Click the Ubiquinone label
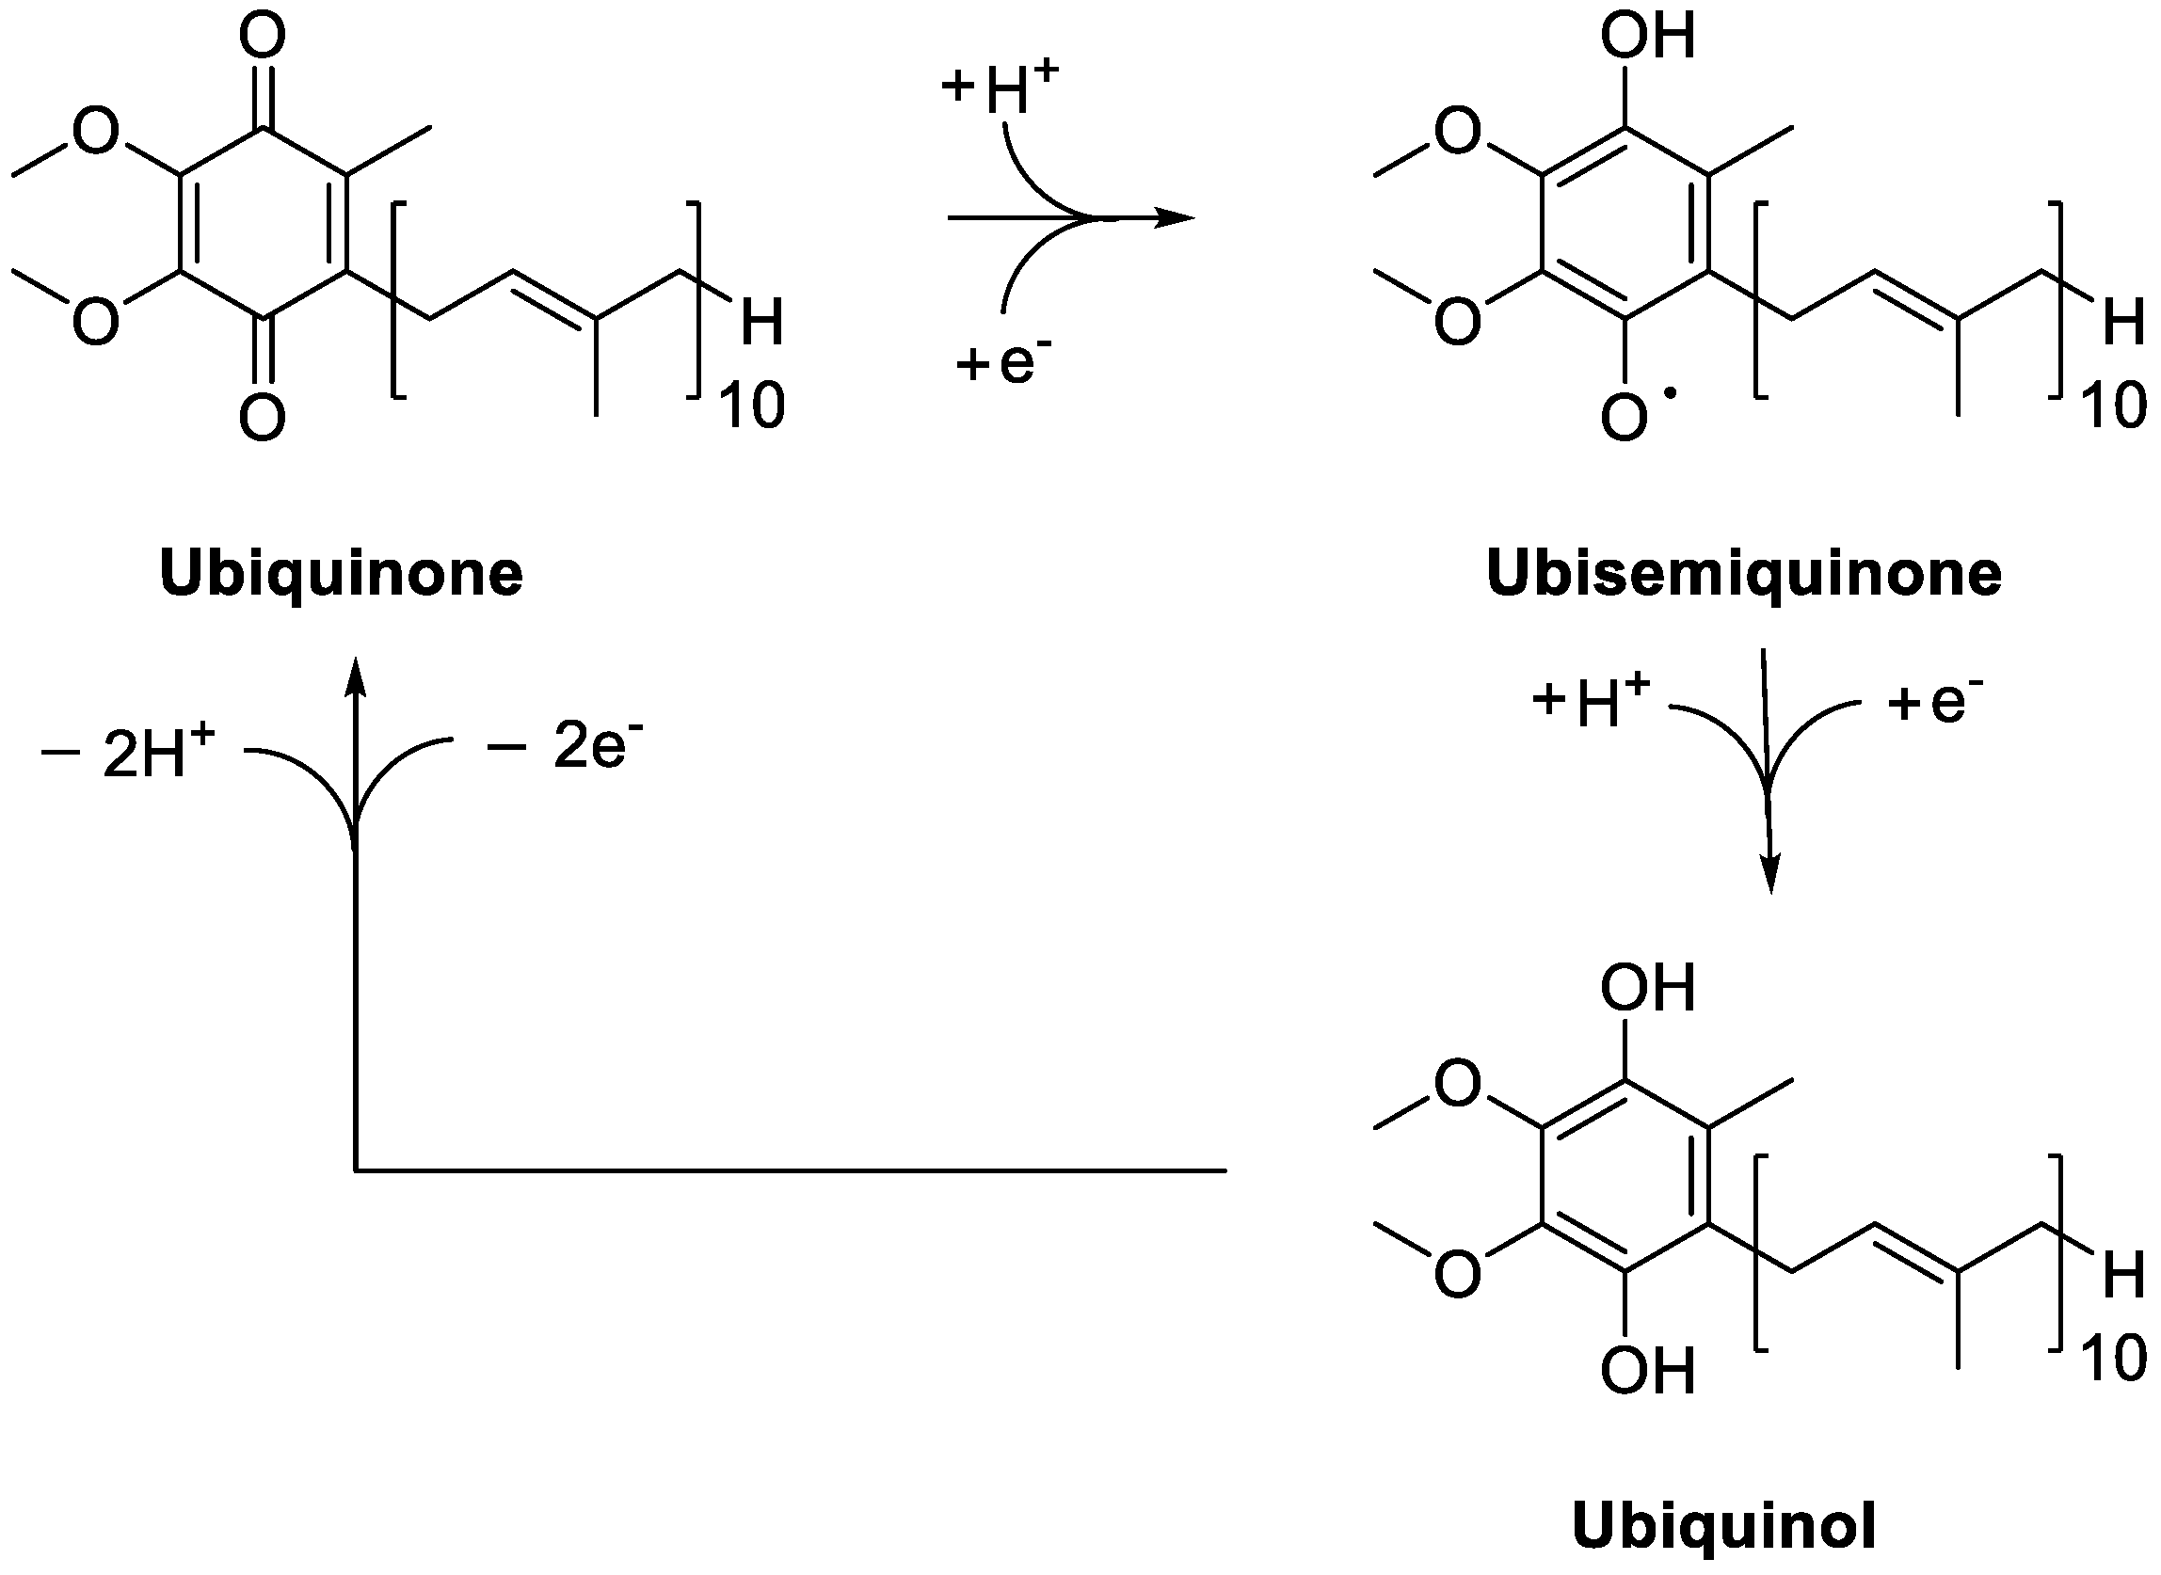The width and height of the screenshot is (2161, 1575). click(342, 574)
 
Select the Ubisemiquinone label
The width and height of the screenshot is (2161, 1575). click(1743, 574)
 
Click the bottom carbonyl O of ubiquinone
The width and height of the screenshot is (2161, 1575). click(263, 418)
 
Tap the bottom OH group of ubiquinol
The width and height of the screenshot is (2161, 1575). click(1648, 1371)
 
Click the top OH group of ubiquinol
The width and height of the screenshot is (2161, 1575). click(1648, 988)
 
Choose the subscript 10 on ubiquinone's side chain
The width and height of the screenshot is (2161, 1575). click(751, 406)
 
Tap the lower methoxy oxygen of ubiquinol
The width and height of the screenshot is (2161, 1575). click(1457, 1274)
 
